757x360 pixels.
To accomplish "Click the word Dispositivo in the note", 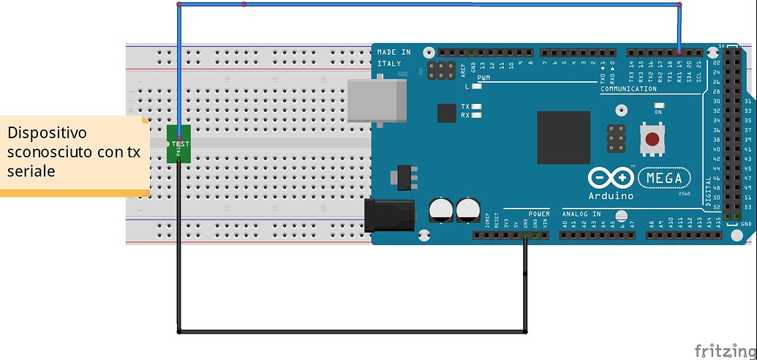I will click(x=48, y=133).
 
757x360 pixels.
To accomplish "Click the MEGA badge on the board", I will click(x=664, y=178).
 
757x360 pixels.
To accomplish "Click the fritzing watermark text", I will click(x=723, y=349).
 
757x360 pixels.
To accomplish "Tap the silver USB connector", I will click(x=377, y=100).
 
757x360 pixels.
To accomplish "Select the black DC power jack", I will click(x=389, y=217).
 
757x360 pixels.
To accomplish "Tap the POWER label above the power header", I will click(x=538, y=214).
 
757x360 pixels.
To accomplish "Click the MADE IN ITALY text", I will click(x=394, y=58).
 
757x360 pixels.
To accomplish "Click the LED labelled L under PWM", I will click(x=476, y=86).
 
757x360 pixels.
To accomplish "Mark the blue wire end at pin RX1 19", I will click(x=679, y=53).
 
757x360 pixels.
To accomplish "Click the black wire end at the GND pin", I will click(x=525, y=236).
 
